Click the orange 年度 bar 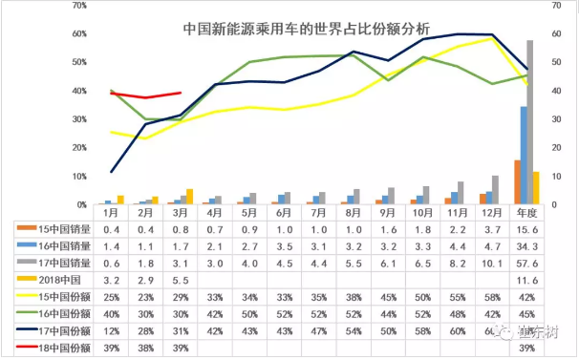point(517,182)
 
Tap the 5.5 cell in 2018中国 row point(195,279)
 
